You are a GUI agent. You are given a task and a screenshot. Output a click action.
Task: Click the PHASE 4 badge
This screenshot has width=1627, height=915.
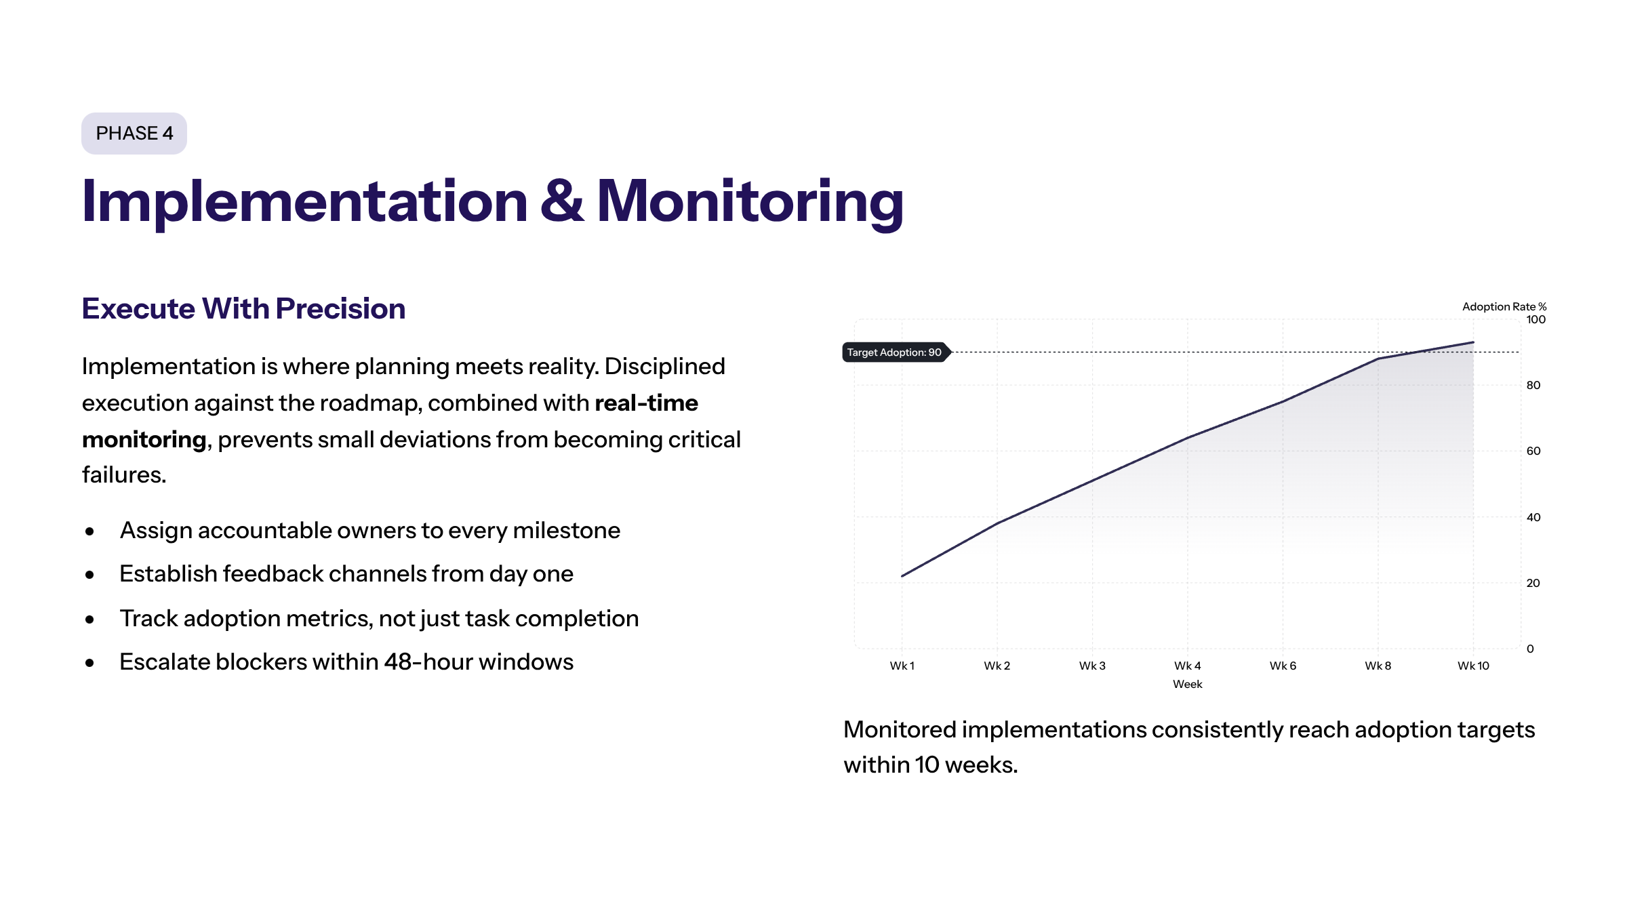tap(134, 134)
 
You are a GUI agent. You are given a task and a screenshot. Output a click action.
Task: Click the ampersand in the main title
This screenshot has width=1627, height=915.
tap(561, 201)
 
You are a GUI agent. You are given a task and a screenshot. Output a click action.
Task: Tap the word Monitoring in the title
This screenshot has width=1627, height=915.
tap(750, 202)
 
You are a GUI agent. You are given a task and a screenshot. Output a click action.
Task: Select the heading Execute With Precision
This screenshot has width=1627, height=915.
tap(243, 308)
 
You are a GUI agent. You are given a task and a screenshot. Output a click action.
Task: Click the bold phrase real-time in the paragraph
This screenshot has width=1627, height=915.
tap(646, 403)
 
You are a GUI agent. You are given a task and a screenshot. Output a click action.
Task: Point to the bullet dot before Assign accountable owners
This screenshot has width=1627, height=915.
tap(89, 531)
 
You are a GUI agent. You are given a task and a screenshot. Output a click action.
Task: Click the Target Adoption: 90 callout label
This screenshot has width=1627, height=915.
tap(893, 352)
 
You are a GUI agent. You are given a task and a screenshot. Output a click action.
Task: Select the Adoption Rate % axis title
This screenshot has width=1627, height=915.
tap(1504, 306)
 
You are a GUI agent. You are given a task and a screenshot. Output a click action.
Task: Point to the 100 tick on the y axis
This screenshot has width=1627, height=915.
tap(1535, 320)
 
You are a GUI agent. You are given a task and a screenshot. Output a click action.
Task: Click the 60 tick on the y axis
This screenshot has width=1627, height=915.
tap(1533, 451)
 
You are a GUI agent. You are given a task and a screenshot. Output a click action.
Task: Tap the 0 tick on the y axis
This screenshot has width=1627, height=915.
tap(1530, 649)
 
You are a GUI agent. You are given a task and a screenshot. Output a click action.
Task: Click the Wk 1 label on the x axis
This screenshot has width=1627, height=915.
tap(902, 666)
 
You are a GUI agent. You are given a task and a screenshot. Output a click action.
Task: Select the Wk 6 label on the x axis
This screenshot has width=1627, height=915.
tap(1283, 666)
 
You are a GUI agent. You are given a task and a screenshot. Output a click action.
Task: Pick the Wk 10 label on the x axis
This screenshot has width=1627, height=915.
tap(1473, 666)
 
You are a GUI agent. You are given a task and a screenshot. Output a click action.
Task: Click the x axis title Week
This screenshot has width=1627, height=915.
tap(1187, 685)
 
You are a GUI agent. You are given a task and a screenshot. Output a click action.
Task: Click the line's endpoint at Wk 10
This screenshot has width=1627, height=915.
tap(1473, 343)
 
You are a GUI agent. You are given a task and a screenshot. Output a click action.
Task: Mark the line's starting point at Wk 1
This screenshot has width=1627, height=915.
tap(902, 576)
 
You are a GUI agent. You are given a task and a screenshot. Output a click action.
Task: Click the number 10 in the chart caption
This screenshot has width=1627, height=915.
tap(927, 765)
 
